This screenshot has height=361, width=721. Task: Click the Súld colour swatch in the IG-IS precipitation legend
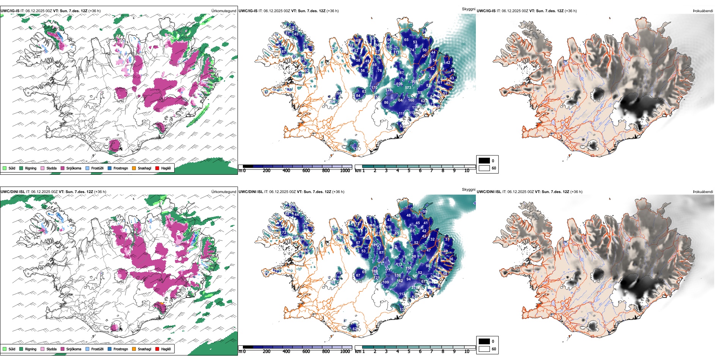(x=5, y=168)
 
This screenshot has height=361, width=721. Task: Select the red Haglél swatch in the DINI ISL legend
(x=157, y=349)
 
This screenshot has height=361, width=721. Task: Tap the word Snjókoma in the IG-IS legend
(x=74, y=168)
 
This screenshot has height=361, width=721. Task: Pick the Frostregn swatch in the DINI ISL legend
(x=110, y=349)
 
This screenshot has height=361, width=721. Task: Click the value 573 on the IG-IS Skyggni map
(x=408, y=88)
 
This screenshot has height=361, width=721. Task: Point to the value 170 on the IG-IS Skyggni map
(x=374, y=88)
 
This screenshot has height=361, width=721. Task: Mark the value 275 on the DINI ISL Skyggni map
(x=415, y=288)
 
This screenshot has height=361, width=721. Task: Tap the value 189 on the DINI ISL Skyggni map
(x=375, y=271)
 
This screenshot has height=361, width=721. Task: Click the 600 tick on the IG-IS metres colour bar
(x=306, y=171)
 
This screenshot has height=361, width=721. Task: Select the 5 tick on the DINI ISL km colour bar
(x=409, y=351)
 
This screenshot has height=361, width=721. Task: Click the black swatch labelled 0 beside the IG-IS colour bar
(x=484, y=161)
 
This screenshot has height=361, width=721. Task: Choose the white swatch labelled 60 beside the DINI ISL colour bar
(x=484, y=349)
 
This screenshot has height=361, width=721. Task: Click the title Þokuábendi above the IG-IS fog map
(x=703, y=11)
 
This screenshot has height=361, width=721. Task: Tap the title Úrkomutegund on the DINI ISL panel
(x=224, y=192)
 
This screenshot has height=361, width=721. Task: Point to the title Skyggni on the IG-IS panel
(x=468, y=9)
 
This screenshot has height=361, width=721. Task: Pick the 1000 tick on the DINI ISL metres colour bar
(x=345, y=351)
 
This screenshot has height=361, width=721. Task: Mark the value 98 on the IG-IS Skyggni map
(x=339, y=93)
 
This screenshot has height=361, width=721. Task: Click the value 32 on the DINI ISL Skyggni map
(x=432, y=239)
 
